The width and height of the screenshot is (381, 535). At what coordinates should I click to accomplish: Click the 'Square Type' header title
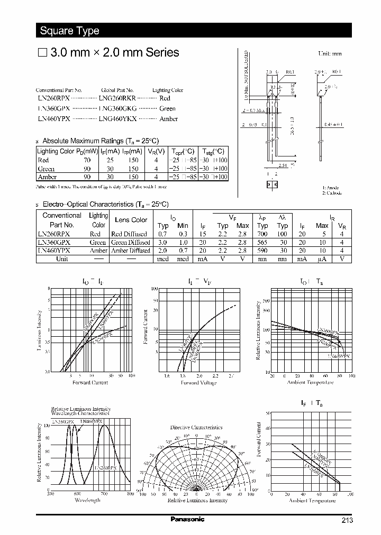pos(70,31)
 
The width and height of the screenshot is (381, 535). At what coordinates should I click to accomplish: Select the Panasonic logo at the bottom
pos(187,519)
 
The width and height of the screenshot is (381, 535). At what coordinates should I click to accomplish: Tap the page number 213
pos(347,520)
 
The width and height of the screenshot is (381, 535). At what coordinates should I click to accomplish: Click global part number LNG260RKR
pos(117,99)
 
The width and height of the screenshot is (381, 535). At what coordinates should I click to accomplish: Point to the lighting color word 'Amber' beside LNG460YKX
pos(168,119)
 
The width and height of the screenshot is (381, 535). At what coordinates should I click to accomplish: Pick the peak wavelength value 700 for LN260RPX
pos(262,234)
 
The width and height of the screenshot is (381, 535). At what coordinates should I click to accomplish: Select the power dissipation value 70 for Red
pos(87,160)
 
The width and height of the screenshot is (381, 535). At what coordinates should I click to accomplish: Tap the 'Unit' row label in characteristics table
pos(62,260)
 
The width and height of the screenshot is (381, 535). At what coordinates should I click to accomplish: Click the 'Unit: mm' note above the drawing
pos(330,54)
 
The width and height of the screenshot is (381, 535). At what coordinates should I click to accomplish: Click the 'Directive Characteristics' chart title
pos(196,427)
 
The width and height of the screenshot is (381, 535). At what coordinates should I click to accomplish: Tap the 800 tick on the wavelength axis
pos(130,494)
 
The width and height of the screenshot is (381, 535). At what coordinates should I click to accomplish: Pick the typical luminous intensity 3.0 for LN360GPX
pos(164,243)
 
